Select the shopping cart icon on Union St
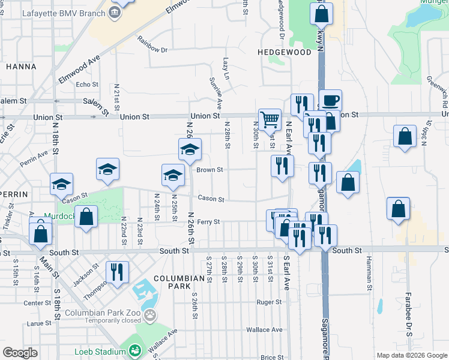click(x=270, y=119)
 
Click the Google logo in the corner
click(x=20, y=353)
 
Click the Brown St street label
click(x=210, y=170)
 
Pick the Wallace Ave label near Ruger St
click(x=264, y=329)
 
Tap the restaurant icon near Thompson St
click(x=117, y=271)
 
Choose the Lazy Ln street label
click(x=226, y=68)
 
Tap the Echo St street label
click(x=87, y=85)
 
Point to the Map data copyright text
click(x=411, y=355)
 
